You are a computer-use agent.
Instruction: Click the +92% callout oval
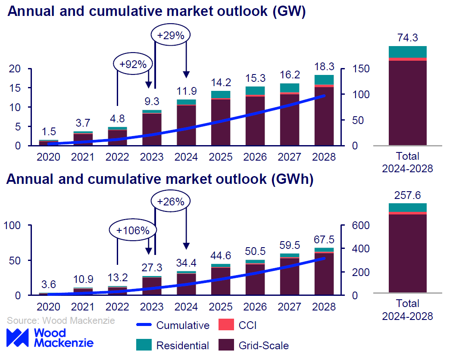pyautogui.click(x=133, y=64)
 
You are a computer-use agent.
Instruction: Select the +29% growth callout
pyautogui.click(x=171, y=35)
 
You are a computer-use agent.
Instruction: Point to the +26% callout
pyautogui.click(x=171, y=201)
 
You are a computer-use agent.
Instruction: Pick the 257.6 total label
pyautogui.click(x=408, y=196)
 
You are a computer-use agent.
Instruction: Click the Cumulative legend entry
pyautogui.click(x=173, y=325)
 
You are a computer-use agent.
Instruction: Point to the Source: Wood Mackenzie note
pyautogui.click(x=60, y=321)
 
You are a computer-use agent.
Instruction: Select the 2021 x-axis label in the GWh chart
pyautogui.click(x=83, y=307)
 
